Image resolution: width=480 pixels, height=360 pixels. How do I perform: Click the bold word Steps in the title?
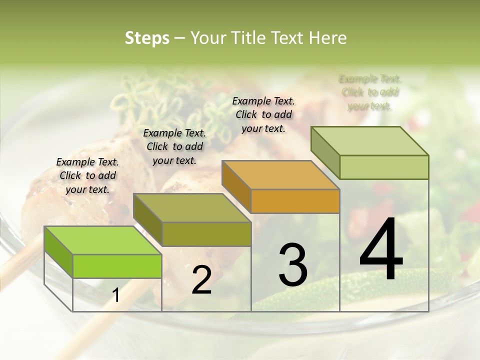tap(147, 38)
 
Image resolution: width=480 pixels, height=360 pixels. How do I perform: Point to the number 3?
tap(292, 264)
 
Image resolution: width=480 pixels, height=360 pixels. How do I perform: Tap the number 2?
tap(201, 280)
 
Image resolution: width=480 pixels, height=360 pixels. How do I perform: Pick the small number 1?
tap(116, 295)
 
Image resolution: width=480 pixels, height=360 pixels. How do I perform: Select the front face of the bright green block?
tap(117, 266)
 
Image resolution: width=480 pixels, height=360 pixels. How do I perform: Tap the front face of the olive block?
tap(206, 234)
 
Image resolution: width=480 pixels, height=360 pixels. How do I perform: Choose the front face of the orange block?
tap(295, 201)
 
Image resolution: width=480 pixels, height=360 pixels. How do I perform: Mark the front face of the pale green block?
tap(384, 167)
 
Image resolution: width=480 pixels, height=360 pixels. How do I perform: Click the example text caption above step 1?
tap(87, 175)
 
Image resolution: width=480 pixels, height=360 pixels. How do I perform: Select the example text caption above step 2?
tap(174, 146)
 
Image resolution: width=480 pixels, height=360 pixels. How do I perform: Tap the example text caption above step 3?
tap(263, 114)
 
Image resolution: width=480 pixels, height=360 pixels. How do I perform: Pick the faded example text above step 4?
tap(370, 92)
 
